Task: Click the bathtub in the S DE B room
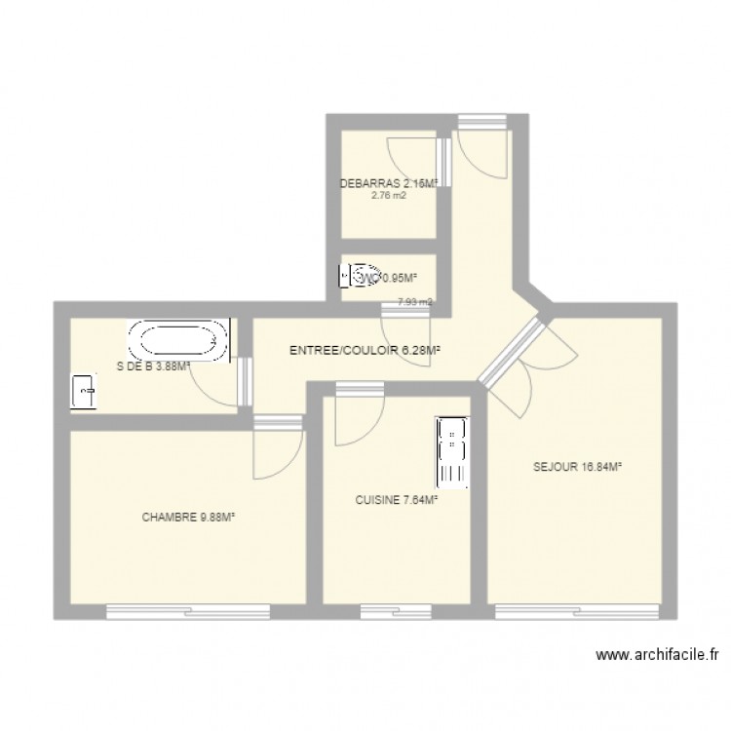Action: (x=179, y=341)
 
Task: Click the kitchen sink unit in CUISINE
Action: (x=453, y=451)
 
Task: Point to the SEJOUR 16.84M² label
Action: (x=577, y=467)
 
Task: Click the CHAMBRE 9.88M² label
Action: (x=189, y=518)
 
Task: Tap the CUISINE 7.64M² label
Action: (x=396, y=500)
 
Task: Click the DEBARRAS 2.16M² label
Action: (x=386, y=182)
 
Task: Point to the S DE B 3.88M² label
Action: (x=152, y=367)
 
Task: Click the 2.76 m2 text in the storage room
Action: (x=388, y=195)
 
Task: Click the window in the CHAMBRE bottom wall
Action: (x=188, y=612)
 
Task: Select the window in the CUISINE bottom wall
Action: (x=396, y=612)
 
